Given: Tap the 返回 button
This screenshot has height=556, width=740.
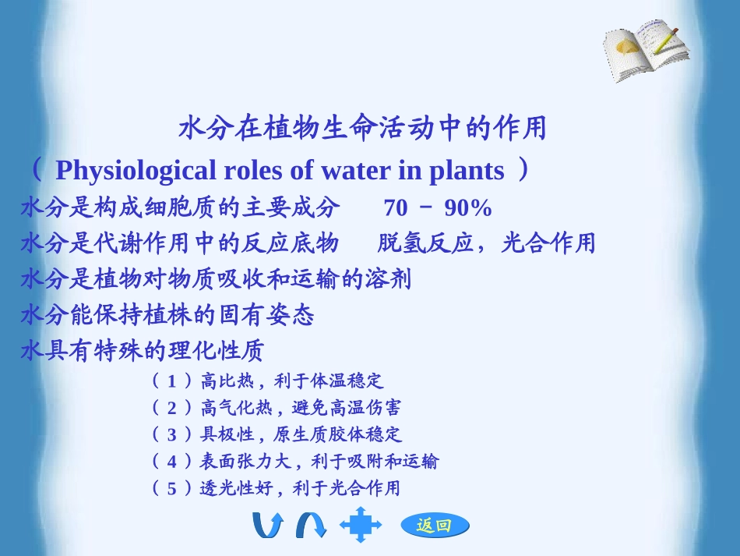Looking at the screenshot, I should (x=435, y=526).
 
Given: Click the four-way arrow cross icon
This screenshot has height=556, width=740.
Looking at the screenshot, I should (x=361, y=524).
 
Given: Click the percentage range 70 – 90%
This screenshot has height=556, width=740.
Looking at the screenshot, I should (x=438, y=208).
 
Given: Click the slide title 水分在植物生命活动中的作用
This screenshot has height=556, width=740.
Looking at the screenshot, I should (x=363, y=128).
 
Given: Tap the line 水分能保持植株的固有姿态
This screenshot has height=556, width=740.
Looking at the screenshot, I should (x=167, y=315).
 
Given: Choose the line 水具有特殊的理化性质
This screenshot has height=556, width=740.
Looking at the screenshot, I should (x=143, y=351).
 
